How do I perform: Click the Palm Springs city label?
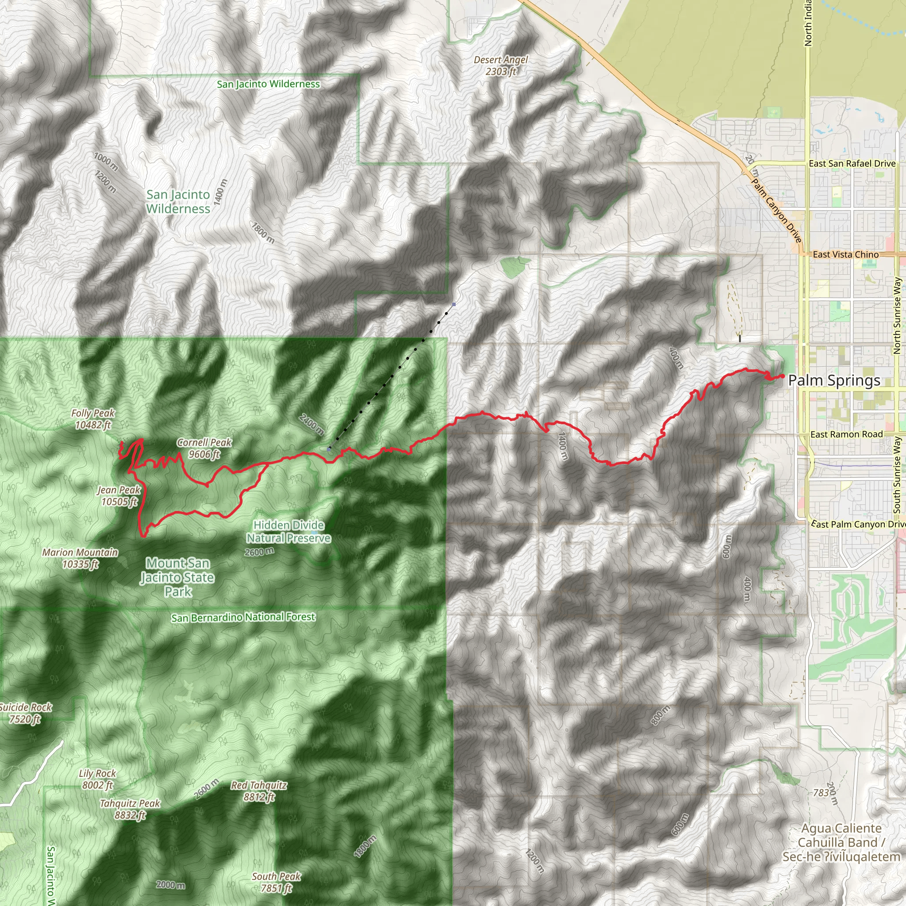834,380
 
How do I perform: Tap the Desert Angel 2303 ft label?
501,65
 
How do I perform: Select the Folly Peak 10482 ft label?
93,419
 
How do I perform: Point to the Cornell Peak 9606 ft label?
204,448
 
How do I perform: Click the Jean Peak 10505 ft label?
119,495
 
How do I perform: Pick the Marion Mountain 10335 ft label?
80,558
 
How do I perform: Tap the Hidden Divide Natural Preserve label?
289,531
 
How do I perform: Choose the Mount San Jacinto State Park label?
178,577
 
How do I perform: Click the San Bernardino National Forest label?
243,618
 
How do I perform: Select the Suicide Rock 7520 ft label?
25,713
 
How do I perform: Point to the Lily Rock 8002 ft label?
97,779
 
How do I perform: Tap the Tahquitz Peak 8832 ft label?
130,810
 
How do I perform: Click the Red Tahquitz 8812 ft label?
259,791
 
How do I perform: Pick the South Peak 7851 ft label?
276,882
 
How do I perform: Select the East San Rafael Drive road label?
852,164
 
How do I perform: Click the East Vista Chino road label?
845,255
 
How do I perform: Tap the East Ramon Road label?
846,434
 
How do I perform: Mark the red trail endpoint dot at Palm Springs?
783,376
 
